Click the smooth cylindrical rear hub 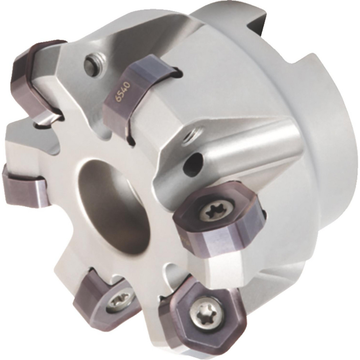pos(324,119)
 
